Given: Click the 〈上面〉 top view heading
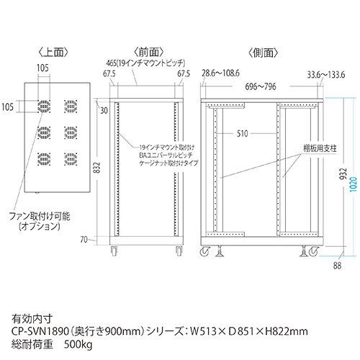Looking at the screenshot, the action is (53, 53).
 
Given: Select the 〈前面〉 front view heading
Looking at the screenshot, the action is (149, 52).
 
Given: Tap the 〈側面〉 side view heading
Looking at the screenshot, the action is (263, 53).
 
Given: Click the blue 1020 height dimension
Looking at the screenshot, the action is (354, 184).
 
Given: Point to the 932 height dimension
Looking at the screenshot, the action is (343, 174).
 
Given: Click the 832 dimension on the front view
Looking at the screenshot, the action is (96, 168).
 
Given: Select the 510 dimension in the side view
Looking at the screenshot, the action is (242, 133).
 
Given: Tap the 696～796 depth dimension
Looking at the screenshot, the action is (261, 86).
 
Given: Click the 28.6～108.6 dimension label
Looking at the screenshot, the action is (220, 73).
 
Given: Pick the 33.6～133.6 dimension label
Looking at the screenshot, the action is (326, 75).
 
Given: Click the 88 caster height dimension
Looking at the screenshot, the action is (337, 266).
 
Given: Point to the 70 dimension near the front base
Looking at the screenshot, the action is (84, 239).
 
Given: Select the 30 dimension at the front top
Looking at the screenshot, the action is (104, 111).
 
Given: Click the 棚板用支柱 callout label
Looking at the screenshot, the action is (320, 148).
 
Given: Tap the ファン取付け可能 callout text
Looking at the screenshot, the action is (40, 216).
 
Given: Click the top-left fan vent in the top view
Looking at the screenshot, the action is (44, 107).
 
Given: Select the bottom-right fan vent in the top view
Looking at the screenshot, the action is (71, 159).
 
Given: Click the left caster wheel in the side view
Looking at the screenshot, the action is (205, 251).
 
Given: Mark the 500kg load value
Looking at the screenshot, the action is (78, 345).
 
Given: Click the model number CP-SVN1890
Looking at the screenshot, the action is (40, 331).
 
